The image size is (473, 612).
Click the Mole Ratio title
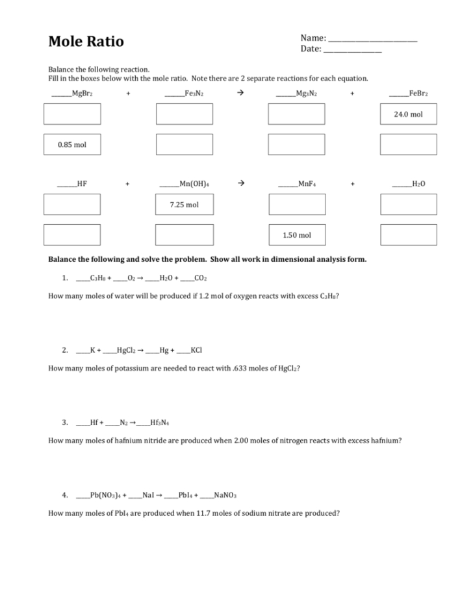pyautogui.click(x=86, y=42)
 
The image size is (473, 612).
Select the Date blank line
pyautogui.click(x=352, y=51)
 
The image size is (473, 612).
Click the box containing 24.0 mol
pyautogui.click(x=408, y=114)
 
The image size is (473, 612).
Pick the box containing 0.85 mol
pyautogui.click(x=71, y=144)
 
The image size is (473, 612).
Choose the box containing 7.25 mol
pyautogui.click(x=184, y=205)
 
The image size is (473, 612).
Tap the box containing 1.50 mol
pyautogui.click(x=296, y=235)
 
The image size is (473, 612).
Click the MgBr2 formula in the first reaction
pyautogui.click(x=83, y=94)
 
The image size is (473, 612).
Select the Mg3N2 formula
pyautogui.click(x=306, y=94)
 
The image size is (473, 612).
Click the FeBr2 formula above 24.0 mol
pyautogui.click(x=418, y=94)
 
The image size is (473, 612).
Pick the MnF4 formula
pyautogui.click(x=307, y=185)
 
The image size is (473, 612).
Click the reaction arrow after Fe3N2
pyautogui.click(x=240, y=93)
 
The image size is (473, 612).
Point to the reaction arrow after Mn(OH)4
pyautogui.click(x=240, y=184)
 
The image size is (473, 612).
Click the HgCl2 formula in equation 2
pyautogui.click(x=126, y=350)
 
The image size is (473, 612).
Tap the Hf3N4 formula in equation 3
pyautogui.click(x=159, y=422)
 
